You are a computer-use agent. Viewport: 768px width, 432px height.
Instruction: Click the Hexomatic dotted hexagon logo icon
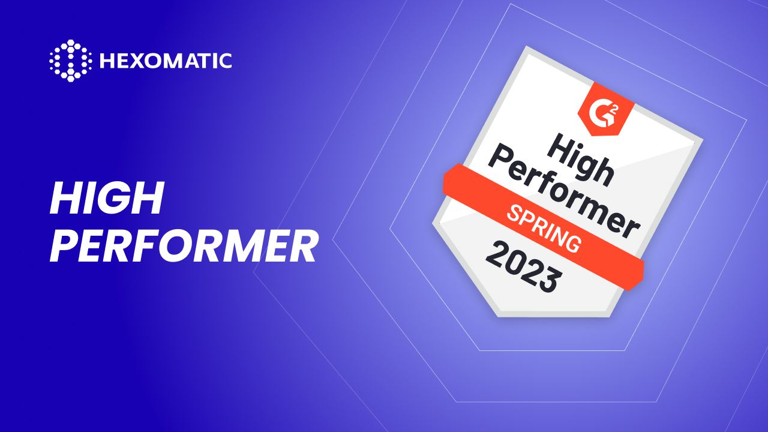70,61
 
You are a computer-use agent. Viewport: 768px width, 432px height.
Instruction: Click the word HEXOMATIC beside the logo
165,61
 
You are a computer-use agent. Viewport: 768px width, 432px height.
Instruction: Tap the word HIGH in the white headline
107,199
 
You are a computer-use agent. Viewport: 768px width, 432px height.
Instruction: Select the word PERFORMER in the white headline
183,247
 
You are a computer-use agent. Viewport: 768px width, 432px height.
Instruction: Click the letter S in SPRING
515,212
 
